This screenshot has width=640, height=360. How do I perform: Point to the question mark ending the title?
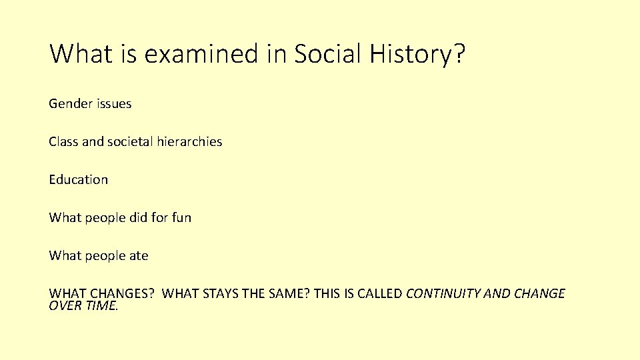(459, 54)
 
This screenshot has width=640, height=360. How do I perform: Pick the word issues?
(114, 104)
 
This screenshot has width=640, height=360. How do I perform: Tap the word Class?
(63, 142)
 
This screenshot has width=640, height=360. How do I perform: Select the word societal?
(130, 142)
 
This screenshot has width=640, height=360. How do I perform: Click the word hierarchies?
(190, 142)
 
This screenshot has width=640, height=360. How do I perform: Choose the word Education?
(78, 180)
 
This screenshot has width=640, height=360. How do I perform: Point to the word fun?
(181, 218)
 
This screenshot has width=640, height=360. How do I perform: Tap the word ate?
(139, 256)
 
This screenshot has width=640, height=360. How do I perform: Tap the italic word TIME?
(100, 305)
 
